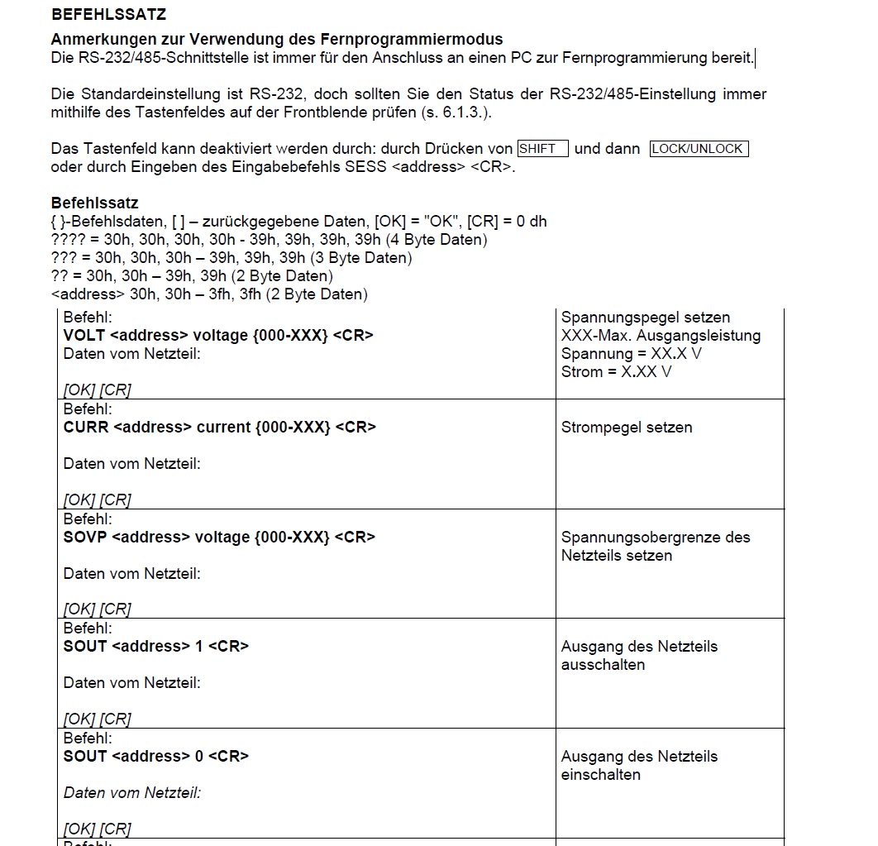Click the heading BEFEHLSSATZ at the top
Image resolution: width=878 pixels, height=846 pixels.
click(x=108, y=14)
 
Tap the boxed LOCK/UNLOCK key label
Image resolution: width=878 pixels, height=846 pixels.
click(x=699, y=149)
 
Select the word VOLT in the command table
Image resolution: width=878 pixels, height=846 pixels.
click(x=84, y=336)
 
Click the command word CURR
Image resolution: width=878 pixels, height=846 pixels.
click(x=86, y=427)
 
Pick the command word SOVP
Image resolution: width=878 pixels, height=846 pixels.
click(x=85, y=537)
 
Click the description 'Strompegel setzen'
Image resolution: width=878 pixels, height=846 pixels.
click(x=627, y=428)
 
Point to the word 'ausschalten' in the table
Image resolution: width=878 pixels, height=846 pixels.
click(x=603, y=665)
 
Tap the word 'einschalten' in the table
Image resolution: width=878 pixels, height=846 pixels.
click(x=601, y=775)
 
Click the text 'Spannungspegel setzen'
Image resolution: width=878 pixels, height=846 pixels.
click(x=646, y=318)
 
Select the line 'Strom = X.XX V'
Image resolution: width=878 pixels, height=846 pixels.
click(x=616, y=372)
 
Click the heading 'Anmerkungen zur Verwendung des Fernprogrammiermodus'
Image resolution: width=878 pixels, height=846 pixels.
click(x=276, y=40)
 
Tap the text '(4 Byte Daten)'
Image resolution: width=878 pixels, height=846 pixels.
click(x=437, y=240)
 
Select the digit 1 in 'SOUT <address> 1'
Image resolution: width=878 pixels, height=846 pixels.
click(x=199, y=646)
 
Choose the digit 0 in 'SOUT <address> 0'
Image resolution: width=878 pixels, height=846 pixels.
click(x=199, y=756)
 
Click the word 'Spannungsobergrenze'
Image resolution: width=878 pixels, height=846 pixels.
click(x=632, y=538)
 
